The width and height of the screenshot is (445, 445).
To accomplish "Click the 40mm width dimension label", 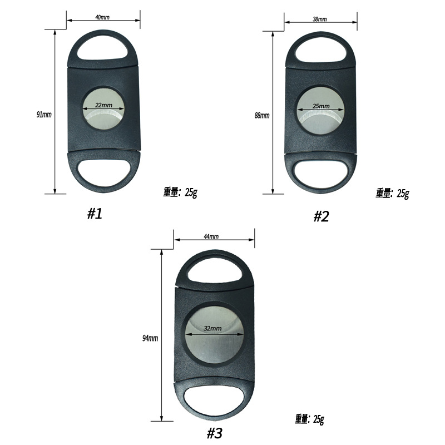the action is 102,17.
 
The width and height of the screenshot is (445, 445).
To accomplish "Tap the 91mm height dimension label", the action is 44,115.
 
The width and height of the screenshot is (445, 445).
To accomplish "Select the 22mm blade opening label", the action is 103,105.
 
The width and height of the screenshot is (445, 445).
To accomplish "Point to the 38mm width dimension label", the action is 320,19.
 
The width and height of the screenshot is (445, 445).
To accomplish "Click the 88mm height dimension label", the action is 262,115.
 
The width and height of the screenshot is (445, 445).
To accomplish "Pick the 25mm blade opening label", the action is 321,106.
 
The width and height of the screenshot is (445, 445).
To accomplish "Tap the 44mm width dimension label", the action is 211,236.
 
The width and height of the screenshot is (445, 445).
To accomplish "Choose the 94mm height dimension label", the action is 150,338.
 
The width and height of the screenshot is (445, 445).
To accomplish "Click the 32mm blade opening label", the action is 212,328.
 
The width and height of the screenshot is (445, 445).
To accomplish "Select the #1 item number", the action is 95,214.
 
